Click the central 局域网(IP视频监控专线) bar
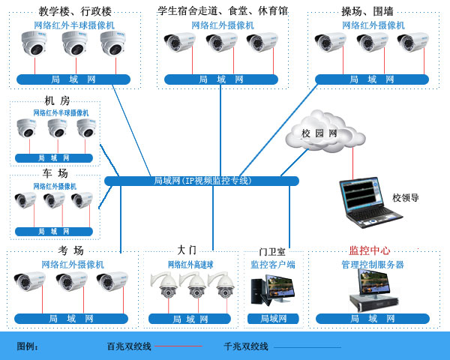click(x=202, y=181)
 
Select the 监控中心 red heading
click(x=369, y=250)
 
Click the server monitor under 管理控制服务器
click(x=373, y=290)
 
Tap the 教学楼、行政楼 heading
click(x=75, y=11)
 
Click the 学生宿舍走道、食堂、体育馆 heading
click(x=223, y=10)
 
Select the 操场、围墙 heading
click(x=367, y=11)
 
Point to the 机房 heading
click(x=57, y=100)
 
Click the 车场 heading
click(x=55, y=173)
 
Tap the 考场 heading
click(x=70, y=250)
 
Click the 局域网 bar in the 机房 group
click(x=54, y=158)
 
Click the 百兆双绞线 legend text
click(x=129, y=346)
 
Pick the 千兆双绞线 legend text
click(x=245, y=346)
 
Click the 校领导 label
click(x=405, y=198)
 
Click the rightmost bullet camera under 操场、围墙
click(x=410, y=43)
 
